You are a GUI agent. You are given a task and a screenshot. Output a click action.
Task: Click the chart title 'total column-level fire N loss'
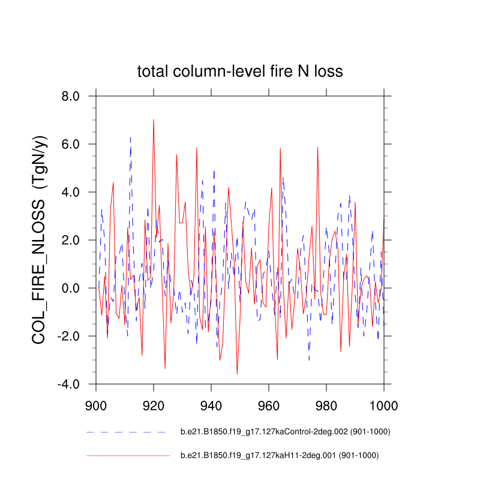(240, 72)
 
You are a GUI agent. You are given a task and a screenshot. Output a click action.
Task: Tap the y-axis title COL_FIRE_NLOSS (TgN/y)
(41, 240)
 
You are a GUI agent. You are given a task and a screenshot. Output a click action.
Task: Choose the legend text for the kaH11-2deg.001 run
(280, 455)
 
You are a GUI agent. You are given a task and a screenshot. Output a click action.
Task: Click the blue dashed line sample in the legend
(126, 432)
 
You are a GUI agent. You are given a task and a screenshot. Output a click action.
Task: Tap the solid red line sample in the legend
(128, 456)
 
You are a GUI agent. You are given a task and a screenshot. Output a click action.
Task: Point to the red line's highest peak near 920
(154, 119)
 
